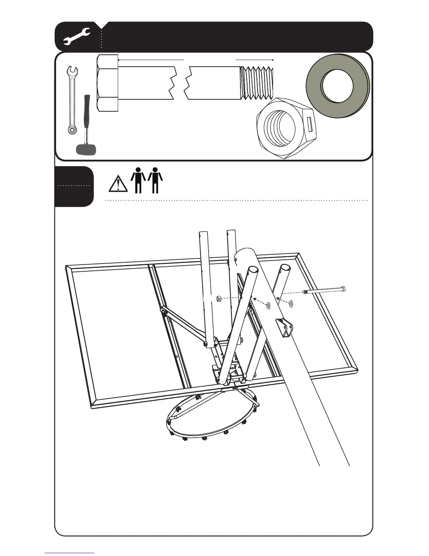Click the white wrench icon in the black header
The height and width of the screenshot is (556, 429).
point(77,37)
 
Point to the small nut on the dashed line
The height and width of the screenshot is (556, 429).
point(218,298)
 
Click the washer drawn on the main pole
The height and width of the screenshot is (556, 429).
point(268,305)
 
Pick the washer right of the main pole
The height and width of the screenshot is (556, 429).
point(291,303)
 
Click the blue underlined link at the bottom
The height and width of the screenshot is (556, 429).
point(69,553)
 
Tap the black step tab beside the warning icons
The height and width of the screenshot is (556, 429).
point(74,186)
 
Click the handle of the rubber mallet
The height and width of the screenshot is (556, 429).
point(86,119)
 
